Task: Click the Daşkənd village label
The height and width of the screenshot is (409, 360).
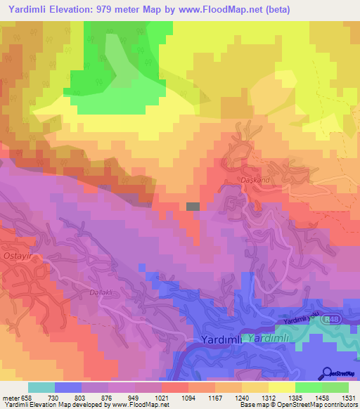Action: coord(256,181)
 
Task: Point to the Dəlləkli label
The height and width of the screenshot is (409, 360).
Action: coord(101,293)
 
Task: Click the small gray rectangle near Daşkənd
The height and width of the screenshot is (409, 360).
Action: coord(193,206)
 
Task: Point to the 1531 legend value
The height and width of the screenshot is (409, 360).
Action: coord(349,397)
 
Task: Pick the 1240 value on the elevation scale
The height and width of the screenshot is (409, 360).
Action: coord(241,397)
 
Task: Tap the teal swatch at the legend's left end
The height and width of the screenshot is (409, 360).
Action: coord(41,387)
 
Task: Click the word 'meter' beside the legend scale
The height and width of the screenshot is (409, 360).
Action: coord(11,397)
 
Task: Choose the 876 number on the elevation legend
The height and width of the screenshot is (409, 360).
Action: coord(108,397)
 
